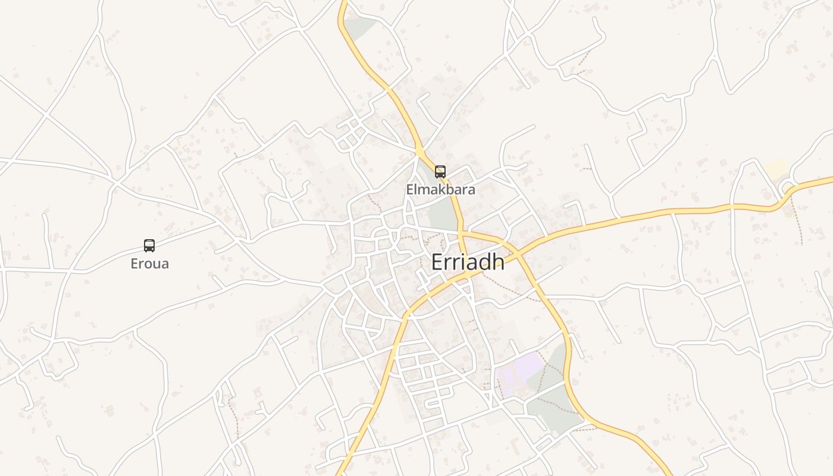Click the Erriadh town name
tap(468, 262)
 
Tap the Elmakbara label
tap(440, 190)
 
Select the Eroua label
tap(150, 264)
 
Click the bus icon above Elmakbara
tap(440, 172)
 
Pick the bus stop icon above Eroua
tap(149, 246)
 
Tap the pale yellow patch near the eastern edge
tap(776, 168)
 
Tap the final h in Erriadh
tap(498, 262)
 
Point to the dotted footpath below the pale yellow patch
tap(797, 220)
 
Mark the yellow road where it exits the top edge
tap(343, 2)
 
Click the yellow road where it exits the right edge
tap(830, 178)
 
